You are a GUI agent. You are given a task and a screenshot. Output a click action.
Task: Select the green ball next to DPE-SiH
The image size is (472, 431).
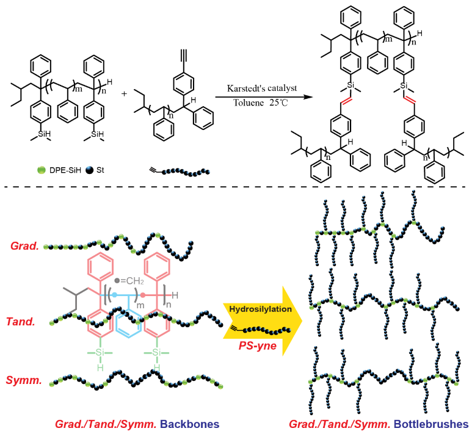pos(38,164)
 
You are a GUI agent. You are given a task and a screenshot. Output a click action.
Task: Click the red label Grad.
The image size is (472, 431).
pos(24,246)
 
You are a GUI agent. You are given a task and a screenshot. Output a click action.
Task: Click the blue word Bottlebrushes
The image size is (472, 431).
pos(432,423)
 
